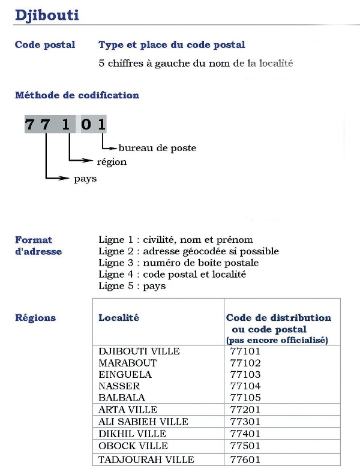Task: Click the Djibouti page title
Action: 47,15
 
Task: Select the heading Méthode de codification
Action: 77,95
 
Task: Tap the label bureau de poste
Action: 157,148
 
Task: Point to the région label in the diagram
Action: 112,162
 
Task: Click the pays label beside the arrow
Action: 86,179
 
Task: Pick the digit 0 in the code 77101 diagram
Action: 88,125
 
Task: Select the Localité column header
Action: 119,318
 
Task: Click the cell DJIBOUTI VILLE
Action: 139,351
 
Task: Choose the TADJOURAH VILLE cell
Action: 146,460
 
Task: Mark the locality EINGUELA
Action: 125,375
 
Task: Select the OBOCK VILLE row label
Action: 133,446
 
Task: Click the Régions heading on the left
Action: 35,318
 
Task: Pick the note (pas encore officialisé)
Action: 277,340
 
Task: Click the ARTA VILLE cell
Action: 128,410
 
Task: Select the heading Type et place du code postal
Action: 172,45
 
